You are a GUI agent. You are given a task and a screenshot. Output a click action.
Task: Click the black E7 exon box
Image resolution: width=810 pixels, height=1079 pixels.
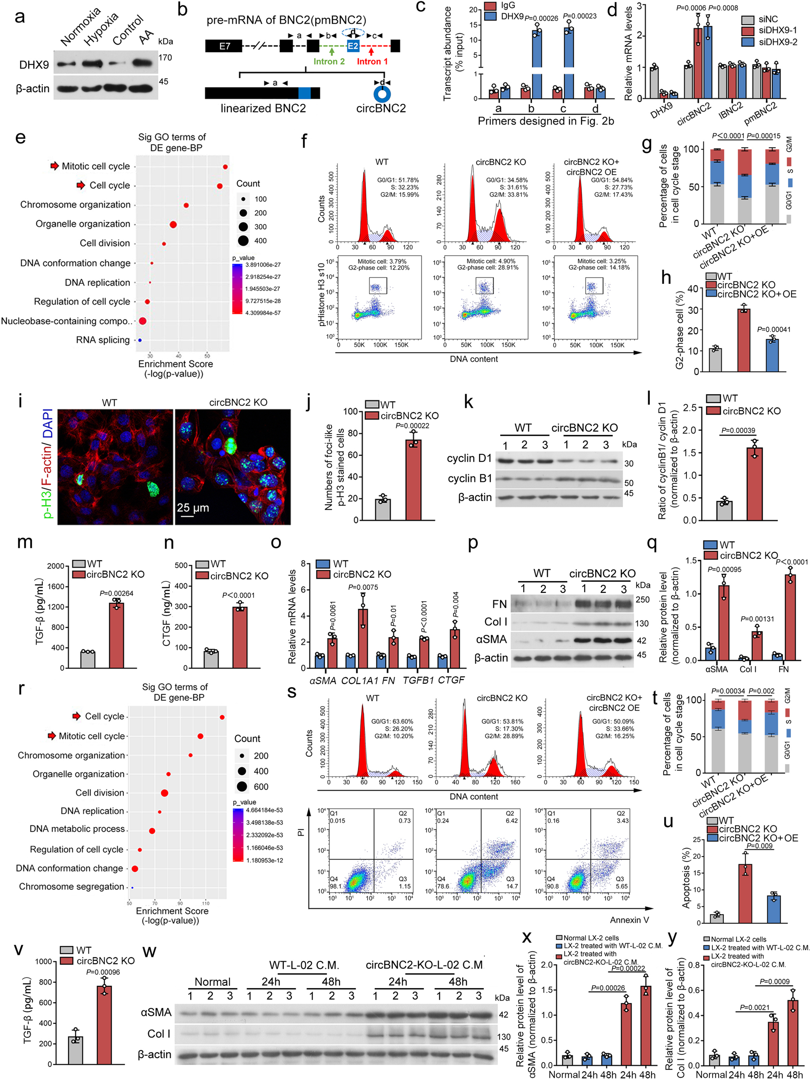pos(224,47)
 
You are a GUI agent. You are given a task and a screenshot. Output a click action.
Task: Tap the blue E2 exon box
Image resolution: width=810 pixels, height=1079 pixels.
pos(353,47)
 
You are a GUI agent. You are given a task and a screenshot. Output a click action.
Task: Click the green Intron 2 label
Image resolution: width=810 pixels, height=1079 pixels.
pos(329,61)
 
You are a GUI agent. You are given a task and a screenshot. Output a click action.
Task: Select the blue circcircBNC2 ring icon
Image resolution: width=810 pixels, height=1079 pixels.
pos(382,94)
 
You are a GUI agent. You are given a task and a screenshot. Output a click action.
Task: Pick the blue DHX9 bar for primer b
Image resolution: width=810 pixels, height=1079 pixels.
pos(537,63)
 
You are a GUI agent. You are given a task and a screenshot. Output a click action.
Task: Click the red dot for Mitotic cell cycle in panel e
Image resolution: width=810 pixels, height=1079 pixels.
pos(225,167)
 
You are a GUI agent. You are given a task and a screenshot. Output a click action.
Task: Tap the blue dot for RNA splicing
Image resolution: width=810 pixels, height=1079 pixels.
pos(140,340)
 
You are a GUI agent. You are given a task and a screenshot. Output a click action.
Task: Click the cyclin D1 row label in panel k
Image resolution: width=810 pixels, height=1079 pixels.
pos(469,459)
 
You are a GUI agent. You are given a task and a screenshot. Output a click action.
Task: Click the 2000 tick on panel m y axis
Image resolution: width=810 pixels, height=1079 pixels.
pos(55,566)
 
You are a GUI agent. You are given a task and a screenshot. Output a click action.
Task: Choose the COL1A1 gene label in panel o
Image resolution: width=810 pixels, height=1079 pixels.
pos(360,680)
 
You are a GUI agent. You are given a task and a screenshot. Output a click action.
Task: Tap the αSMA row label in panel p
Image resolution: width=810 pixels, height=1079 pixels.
pos(491,639)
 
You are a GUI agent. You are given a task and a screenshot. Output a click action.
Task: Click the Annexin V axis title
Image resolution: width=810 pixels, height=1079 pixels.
pos(629,919)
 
